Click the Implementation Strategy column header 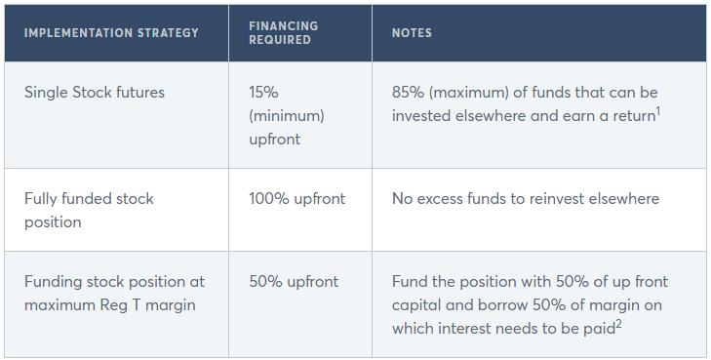pyautogui.click(x=111, y=33)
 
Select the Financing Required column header pyautogui.click(x=284, y=32)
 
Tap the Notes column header pyautogui.click(x=412, y=33)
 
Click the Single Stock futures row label pyautogui.click(x=95, y=93)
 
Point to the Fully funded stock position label pyautogui.click(x=89, y=211)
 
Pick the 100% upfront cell pyautogui.click(x=297, y=199)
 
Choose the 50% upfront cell pyautogui.click(x=294, y=282)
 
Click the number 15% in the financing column pyautogui.click(x=263, y=93)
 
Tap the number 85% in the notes pyautogui.click(x=408, y=93)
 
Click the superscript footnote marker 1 pyautogui.click(x=658, y=110)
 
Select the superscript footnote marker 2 pyautogui.click(x=618, y=323)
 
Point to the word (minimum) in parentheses pyautogui.click(x=287, y=116)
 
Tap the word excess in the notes pyautogui.click(x=440, y=199)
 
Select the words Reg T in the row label pyautogui.click(x=120, y=305)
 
